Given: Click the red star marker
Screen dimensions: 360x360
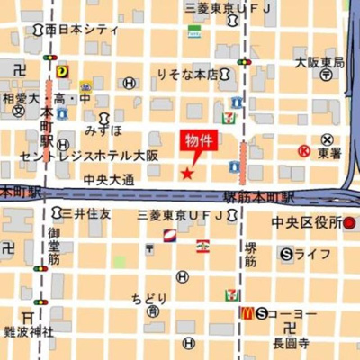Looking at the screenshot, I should point(186,174).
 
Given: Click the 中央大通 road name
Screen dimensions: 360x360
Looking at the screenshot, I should point(108,180).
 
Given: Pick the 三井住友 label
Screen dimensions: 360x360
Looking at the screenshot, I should point(86,214).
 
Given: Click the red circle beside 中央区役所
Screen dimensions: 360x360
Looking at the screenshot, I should point(349,222).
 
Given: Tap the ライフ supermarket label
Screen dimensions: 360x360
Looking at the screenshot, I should point(312,255).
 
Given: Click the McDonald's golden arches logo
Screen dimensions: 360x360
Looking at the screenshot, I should point(246,312).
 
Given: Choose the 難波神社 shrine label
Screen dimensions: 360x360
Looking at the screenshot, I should point(28,331).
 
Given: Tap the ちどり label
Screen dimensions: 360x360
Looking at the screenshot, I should point(149,298).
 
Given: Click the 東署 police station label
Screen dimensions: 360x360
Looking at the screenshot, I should point(328,153).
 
